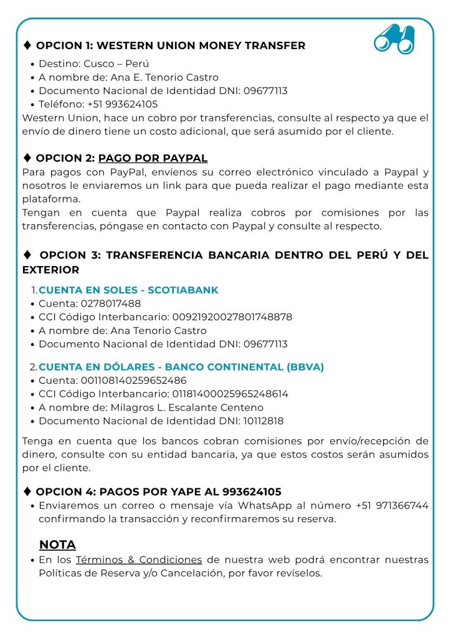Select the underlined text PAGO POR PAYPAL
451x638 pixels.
click(153, 158)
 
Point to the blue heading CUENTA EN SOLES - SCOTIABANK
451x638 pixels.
click(128, 290)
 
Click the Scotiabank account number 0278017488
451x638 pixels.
click(111, 303)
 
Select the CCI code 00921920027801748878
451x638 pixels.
click(231, 317)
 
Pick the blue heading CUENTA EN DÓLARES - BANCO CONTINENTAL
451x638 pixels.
click(181, 367)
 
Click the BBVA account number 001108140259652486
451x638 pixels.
click(133, 380)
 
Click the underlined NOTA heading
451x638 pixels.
click(57, 545)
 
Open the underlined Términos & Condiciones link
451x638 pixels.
click(139, 560)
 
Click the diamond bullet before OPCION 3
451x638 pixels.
click(27, 255)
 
